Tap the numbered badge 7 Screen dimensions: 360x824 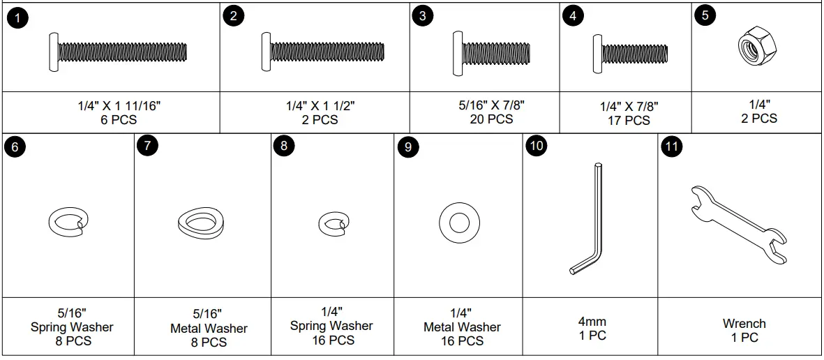148,147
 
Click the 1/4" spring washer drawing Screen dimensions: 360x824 333,223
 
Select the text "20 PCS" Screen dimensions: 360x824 491,119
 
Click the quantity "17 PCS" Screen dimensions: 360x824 628,121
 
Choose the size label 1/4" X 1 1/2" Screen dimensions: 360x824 320,106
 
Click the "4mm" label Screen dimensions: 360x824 592,322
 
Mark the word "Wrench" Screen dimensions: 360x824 744,324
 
